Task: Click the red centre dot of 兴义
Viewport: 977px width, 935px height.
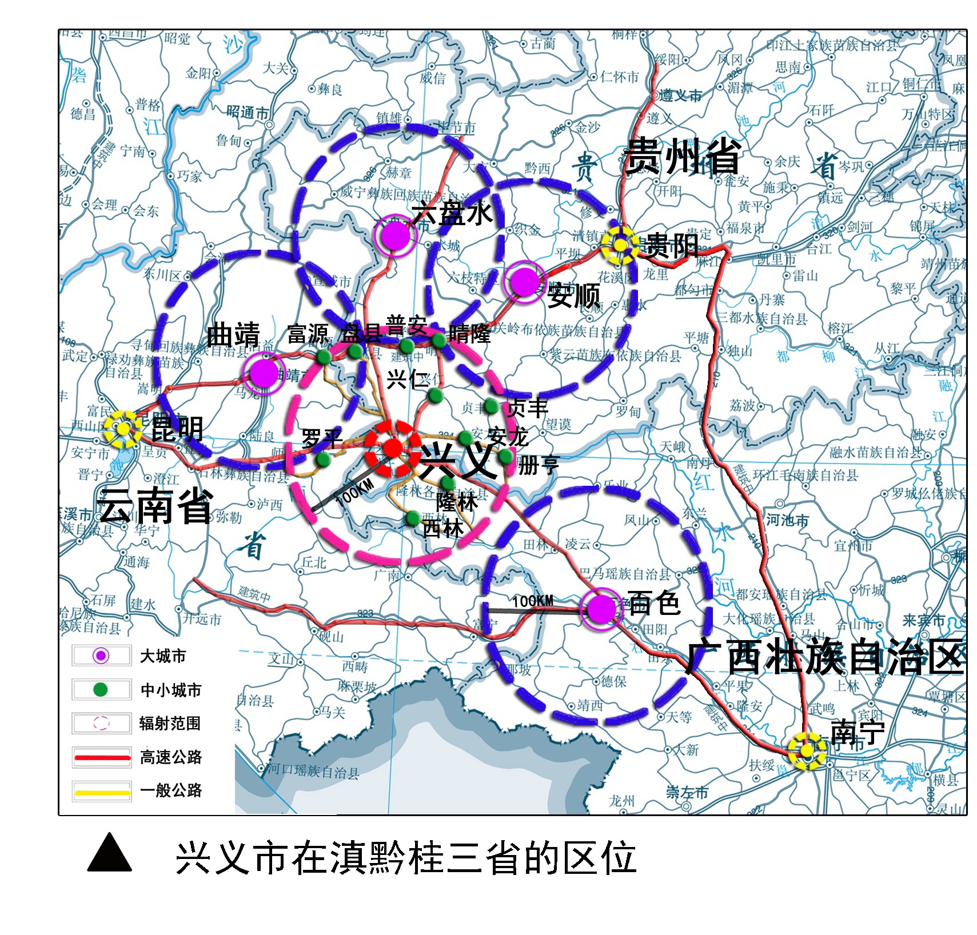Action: point(392,447)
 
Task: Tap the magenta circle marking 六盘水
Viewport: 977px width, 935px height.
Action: point(394,235)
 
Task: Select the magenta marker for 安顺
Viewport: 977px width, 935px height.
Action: point(524,281)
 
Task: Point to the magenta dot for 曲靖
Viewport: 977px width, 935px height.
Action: point(264,373)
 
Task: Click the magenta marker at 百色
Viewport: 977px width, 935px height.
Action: point(600,608)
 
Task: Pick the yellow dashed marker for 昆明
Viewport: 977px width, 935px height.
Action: point(123,429)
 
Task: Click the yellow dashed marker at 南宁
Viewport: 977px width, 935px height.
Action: point(806,750)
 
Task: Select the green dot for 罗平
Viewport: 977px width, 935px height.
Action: point(323,459)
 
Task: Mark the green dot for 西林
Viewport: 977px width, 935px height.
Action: point(413,518)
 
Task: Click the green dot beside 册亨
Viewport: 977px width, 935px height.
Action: point(505,456)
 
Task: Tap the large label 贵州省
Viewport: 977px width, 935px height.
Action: point(681,156)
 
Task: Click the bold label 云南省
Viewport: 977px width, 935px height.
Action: point(155,506)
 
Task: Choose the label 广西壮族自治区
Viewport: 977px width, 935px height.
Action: point(824,657)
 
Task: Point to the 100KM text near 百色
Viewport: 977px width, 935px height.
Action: point(532,601)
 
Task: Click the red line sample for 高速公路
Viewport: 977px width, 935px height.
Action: point(102,757)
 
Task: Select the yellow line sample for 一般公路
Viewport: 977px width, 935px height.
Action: point(102,791)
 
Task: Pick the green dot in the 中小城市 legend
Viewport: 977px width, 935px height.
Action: point(101,689)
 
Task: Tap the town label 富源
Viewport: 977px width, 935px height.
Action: point(308,334)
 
